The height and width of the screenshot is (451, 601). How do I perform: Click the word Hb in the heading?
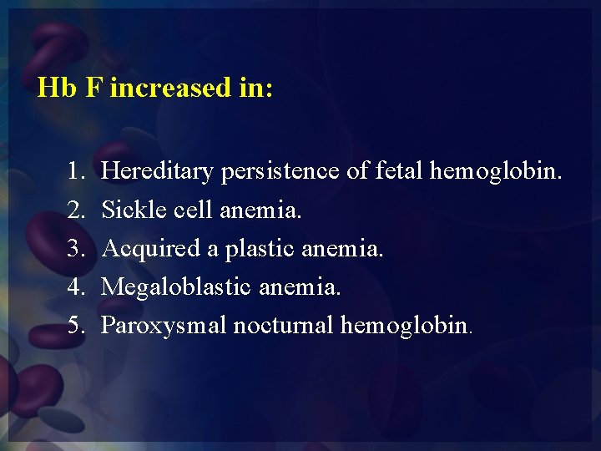57,88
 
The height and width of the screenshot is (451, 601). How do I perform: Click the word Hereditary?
158,172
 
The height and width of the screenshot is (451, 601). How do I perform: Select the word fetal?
399,171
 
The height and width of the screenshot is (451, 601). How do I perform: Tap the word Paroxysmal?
164,326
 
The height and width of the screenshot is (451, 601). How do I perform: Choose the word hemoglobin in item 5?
406,325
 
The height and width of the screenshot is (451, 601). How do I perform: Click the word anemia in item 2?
261,210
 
